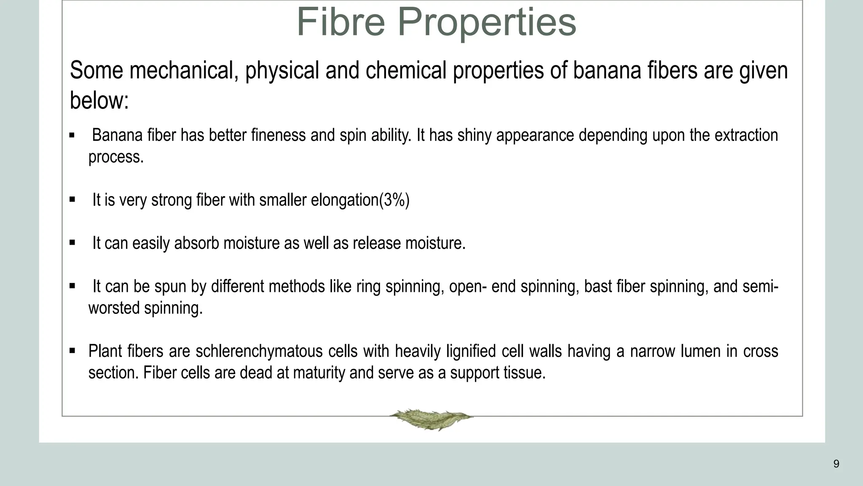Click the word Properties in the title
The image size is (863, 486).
[487, 23]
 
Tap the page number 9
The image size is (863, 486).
[836, 464]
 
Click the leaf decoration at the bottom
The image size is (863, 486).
[431, 419]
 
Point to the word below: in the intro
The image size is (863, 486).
[99, 101]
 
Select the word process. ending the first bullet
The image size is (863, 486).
[116, 157]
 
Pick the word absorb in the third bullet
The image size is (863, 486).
[196, 243]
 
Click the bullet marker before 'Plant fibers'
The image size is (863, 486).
[72, 350]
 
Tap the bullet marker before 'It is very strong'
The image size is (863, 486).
[72, 199]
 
